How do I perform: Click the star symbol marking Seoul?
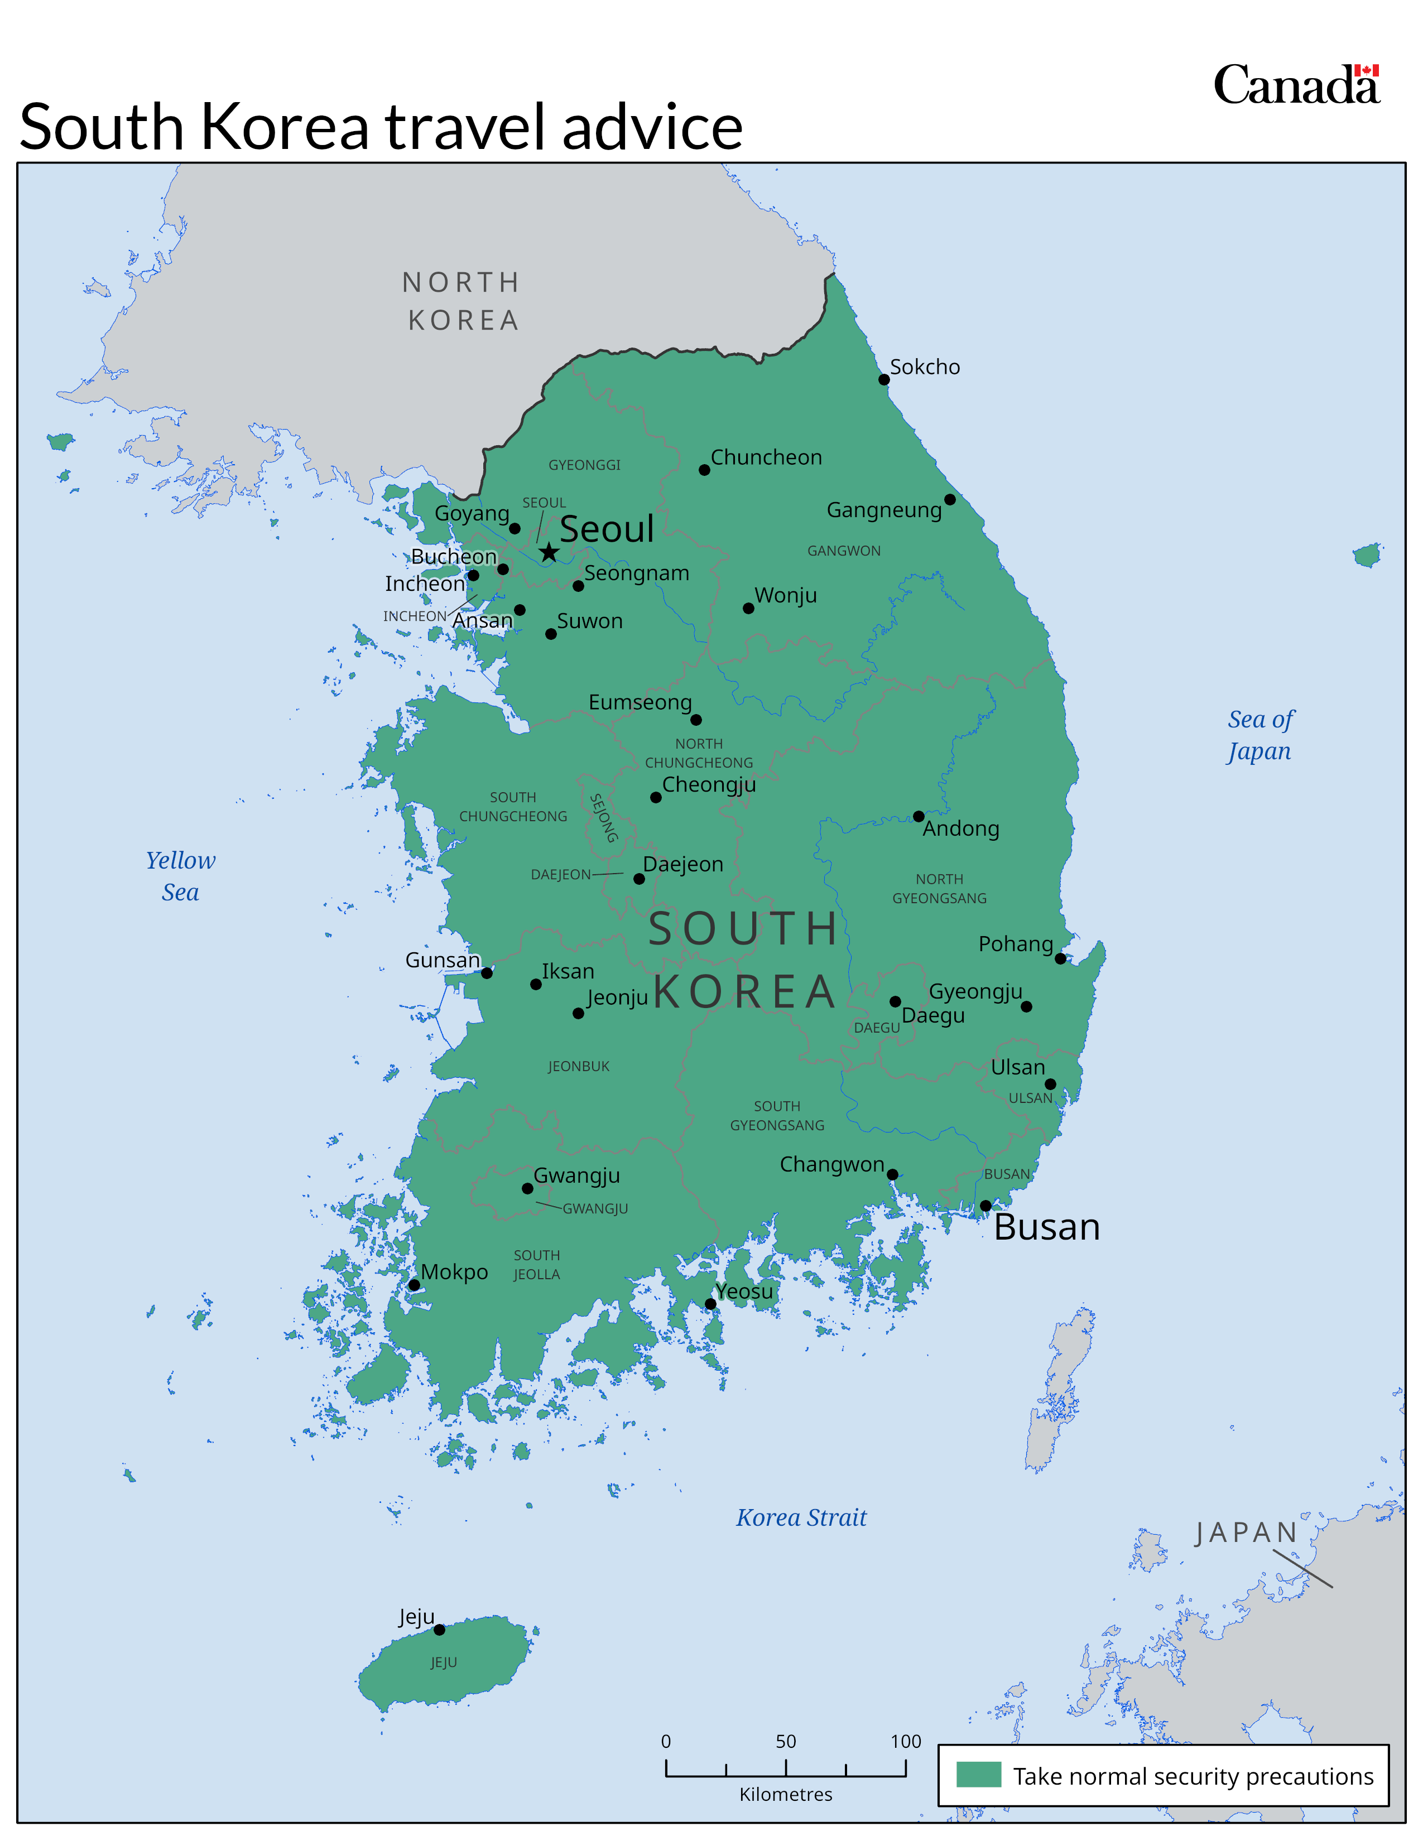(x=549, y=552)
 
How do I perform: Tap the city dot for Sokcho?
(x=883, y=379)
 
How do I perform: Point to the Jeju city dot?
(x=439, y=1630)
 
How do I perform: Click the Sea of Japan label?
(x=1259, y=735)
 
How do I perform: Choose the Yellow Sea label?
(x=180, y=876)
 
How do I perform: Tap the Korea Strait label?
(x=801, y=1517)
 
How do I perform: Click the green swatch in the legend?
(x=978, y=1775)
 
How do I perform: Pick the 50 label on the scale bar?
(x=786, y=1741)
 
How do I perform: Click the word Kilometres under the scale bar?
(x=786, y=1794)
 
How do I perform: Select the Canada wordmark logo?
(x=1296, y=85)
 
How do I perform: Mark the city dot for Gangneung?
(x=949, y=499)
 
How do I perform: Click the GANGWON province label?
(x=844, y=551)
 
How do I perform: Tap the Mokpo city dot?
(x=414, y=1285)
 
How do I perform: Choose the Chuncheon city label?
(x=766, y=457)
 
